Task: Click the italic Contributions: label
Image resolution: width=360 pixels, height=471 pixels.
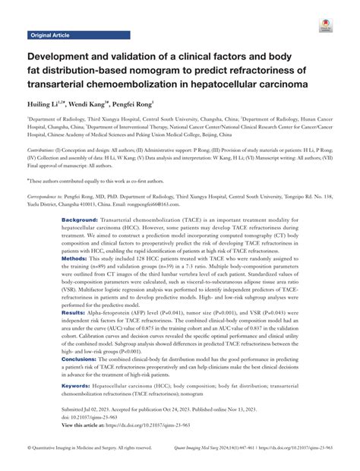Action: tap(46, 151)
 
